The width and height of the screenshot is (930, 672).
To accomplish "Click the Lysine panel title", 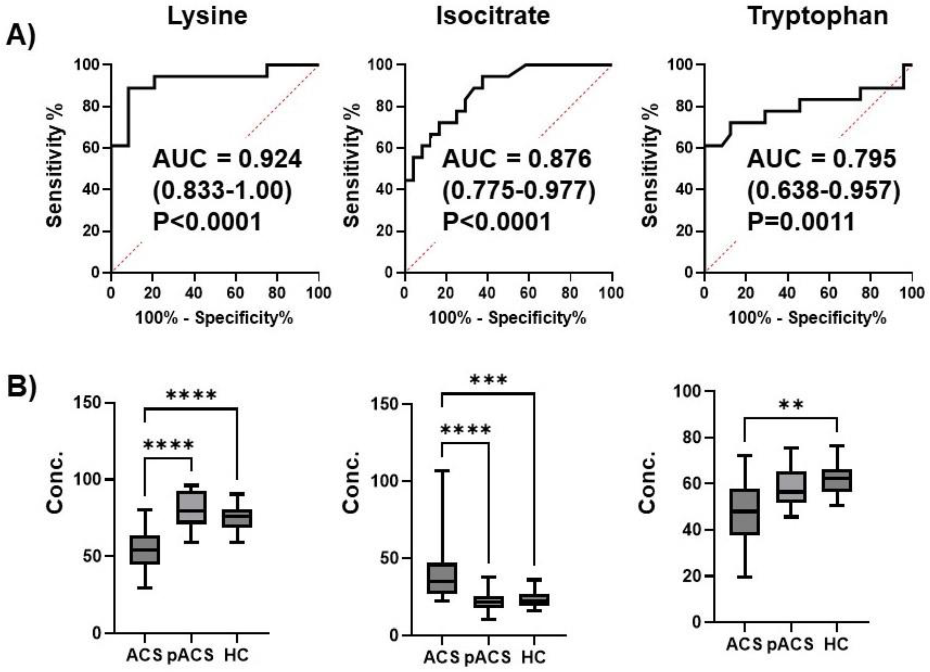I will coord(207,16).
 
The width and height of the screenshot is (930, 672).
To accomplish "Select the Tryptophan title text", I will coord(818,16).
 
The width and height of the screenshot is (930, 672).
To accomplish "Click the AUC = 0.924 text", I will coord(227,159).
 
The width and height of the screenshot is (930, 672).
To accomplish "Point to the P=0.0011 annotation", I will coord(801,222).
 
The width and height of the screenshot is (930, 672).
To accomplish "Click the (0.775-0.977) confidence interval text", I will coord(518,191).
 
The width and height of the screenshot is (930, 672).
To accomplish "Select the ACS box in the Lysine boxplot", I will coord(145,550).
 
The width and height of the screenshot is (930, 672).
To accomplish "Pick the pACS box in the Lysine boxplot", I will coord(191,507).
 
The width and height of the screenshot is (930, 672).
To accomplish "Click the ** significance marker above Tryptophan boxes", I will coord(791,405).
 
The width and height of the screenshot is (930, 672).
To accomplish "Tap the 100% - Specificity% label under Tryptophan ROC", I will coord(807,318).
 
